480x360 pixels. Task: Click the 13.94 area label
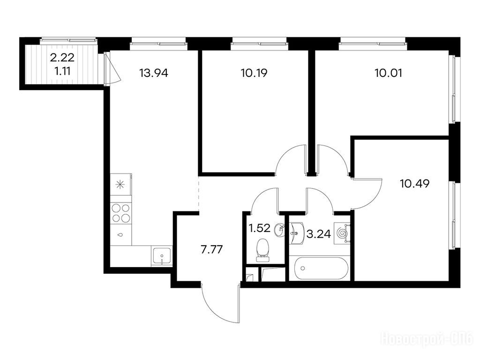click(153, 73)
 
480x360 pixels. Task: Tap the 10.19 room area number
click(254, 73)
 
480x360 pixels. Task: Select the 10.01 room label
click(388, 73)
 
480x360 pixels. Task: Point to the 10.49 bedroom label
click(414, 184)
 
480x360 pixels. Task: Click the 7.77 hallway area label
click(211, 250)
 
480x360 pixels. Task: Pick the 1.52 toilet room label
click(259, 228)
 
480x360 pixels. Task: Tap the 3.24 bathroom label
click(319, 234)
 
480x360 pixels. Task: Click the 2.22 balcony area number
click(62, 57)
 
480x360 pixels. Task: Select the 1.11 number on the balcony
click(62, 71)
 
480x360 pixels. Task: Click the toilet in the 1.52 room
click(262, 250)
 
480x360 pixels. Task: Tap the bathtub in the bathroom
click(319, 269)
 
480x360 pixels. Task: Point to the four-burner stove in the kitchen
click(120, 213)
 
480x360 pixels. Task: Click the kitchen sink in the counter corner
click(161, 256)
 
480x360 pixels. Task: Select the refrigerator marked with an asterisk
click(120, 185)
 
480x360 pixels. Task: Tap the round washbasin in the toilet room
click(279, 230)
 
